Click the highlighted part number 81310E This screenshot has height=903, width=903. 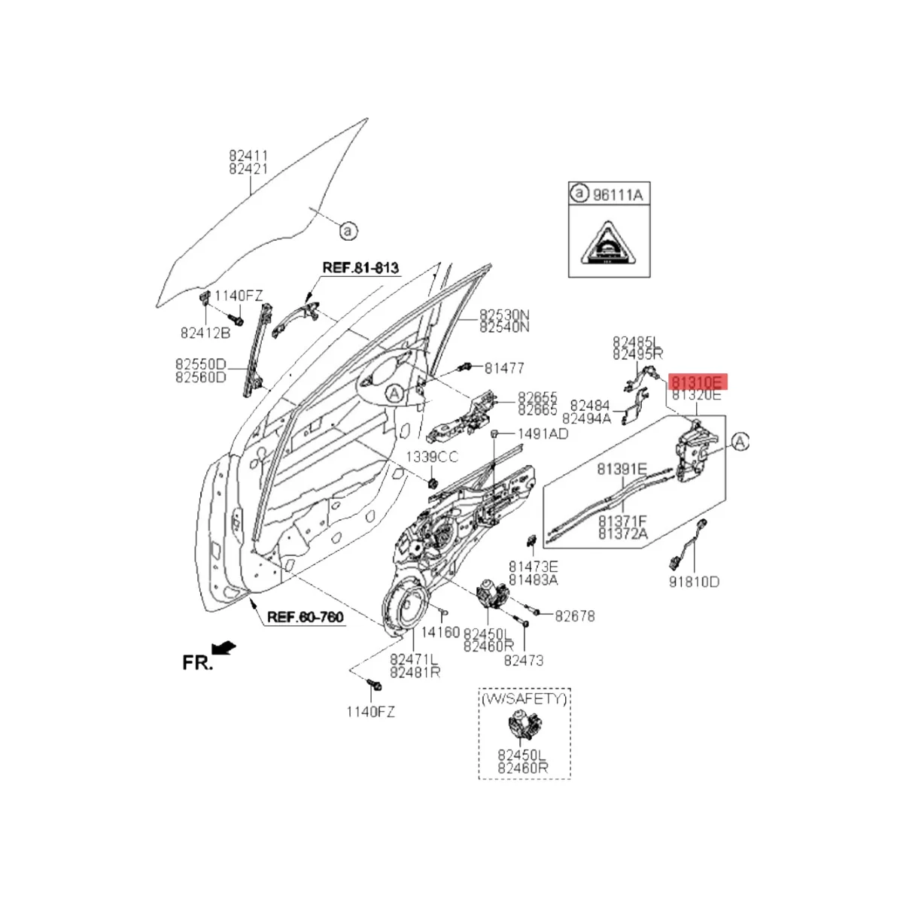[x=697, y=381]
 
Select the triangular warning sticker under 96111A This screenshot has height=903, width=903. [x=607, y=244]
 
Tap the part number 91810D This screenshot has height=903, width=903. [x=693, y=582]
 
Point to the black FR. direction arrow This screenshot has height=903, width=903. [x=224, y=647]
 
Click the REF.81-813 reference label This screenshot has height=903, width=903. [x=360, y=267]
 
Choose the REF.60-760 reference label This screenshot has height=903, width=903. [x=306, y=618]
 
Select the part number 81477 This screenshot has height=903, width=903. [x=504, y=368]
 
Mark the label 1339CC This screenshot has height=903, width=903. [x=432, y=458]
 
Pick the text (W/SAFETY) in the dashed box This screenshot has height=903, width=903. [x=524, y=699]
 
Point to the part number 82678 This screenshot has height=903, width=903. [x=575, y=616]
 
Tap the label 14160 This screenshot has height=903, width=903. [x=440, y=632]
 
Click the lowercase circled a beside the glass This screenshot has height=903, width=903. [x=348, y=231]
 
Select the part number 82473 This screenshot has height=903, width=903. [x=524, y=660]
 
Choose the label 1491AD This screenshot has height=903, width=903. [x=542, y=434]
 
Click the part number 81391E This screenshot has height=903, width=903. [x=622, y=469]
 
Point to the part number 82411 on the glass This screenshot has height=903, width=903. [x=248, y=156]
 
